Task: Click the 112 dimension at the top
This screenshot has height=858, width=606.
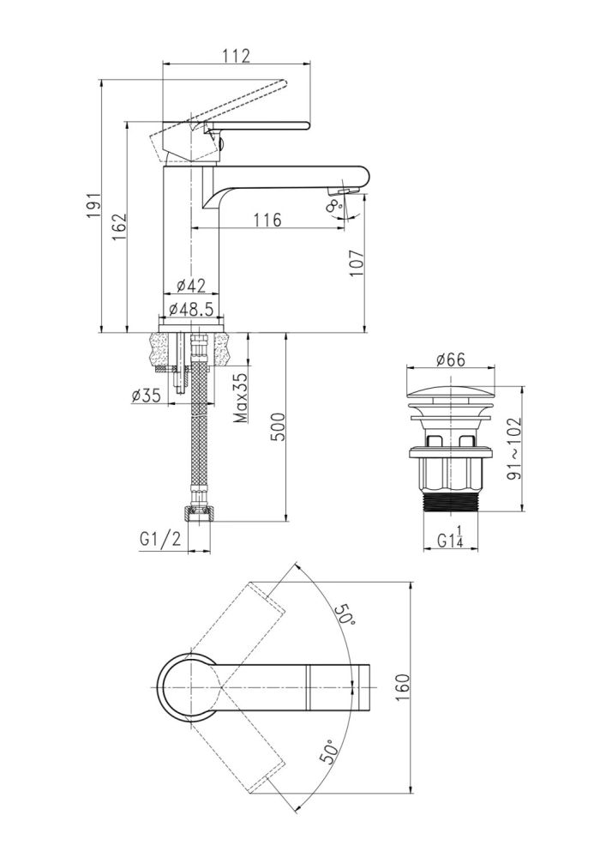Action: (236, 55)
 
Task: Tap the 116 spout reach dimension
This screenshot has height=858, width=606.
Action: (267, 220)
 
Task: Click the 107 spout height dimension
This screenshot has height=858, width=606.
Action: (357, 263)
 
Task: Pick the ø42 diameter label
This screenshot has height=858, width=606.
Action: (190, 285)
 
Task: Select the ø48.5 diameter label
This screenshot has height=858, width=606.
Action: (190, 309)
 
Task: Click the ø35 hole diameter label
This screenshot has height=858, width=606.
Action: (146, 395)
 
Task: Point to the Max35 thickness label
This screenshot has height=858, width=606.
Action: (241, 398)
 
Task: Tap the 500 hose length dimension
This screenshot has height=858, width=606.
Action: (277, 426)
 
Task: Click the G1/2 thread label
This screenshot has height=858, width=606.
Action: (160, 539)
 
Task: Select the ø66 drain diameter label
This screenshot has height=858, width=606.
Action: (450, 360)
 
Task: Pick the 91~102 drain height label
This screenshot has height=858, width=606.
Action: (513, 448)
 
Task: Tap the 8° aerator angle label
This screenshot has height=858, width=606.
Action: (334, 206)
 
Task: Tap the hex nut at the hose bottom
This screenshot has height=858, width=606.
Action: (198, 514)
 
